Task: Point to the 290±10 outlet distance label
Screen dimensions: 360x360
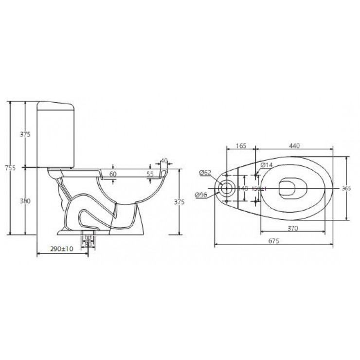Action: (61, 249)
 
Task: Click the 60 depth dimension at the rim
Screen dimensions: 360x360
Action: (113, 174)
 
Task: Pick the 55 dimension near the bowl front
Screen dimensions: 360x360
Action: (150, 174)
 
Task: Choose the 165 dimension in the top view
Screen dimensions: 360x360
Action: (241, 145)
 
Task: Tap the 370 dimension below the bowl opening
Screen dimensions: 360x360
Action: (292, 228)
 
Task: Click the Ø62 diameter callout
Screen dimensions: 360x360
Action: (205, 172)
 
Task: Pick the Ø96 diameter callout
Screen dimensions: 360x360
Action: (201, 195)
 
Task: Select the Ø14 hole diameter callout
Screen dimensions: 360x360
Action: (267, 165)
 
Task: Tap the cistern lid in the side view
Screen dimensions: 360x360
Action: (55, 104)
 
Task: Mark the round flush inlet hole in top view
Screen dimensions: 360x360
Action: (226, 188)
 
